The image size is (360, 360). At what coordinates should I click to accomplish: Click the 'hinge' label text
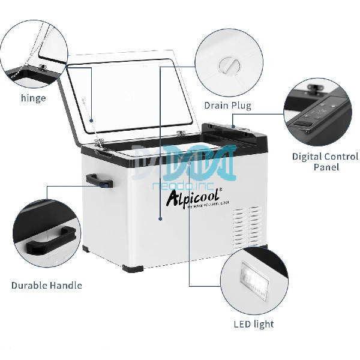click(x=33, y=98)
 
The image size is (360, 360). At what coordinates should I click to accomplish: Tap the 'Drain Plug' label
click(x=227, y=106)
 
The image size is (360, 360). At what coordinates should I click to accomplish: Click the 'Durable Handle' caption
click(x=47, y=285)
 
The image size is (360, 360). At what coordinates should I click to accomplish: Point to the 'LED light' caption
click(x=253, y=324)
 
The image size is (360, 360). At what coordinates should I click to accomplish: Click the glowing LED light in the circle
click(x=253, y=277)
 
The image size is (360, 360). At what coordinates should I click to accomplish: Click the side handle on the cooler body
click(x=96, y=179)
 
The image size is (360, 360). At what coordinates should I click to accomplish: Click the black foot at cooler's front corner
click(x=133, y=267)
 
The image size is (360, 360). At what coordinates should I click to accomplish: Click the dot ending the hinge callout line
click(x=92, y=121)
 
